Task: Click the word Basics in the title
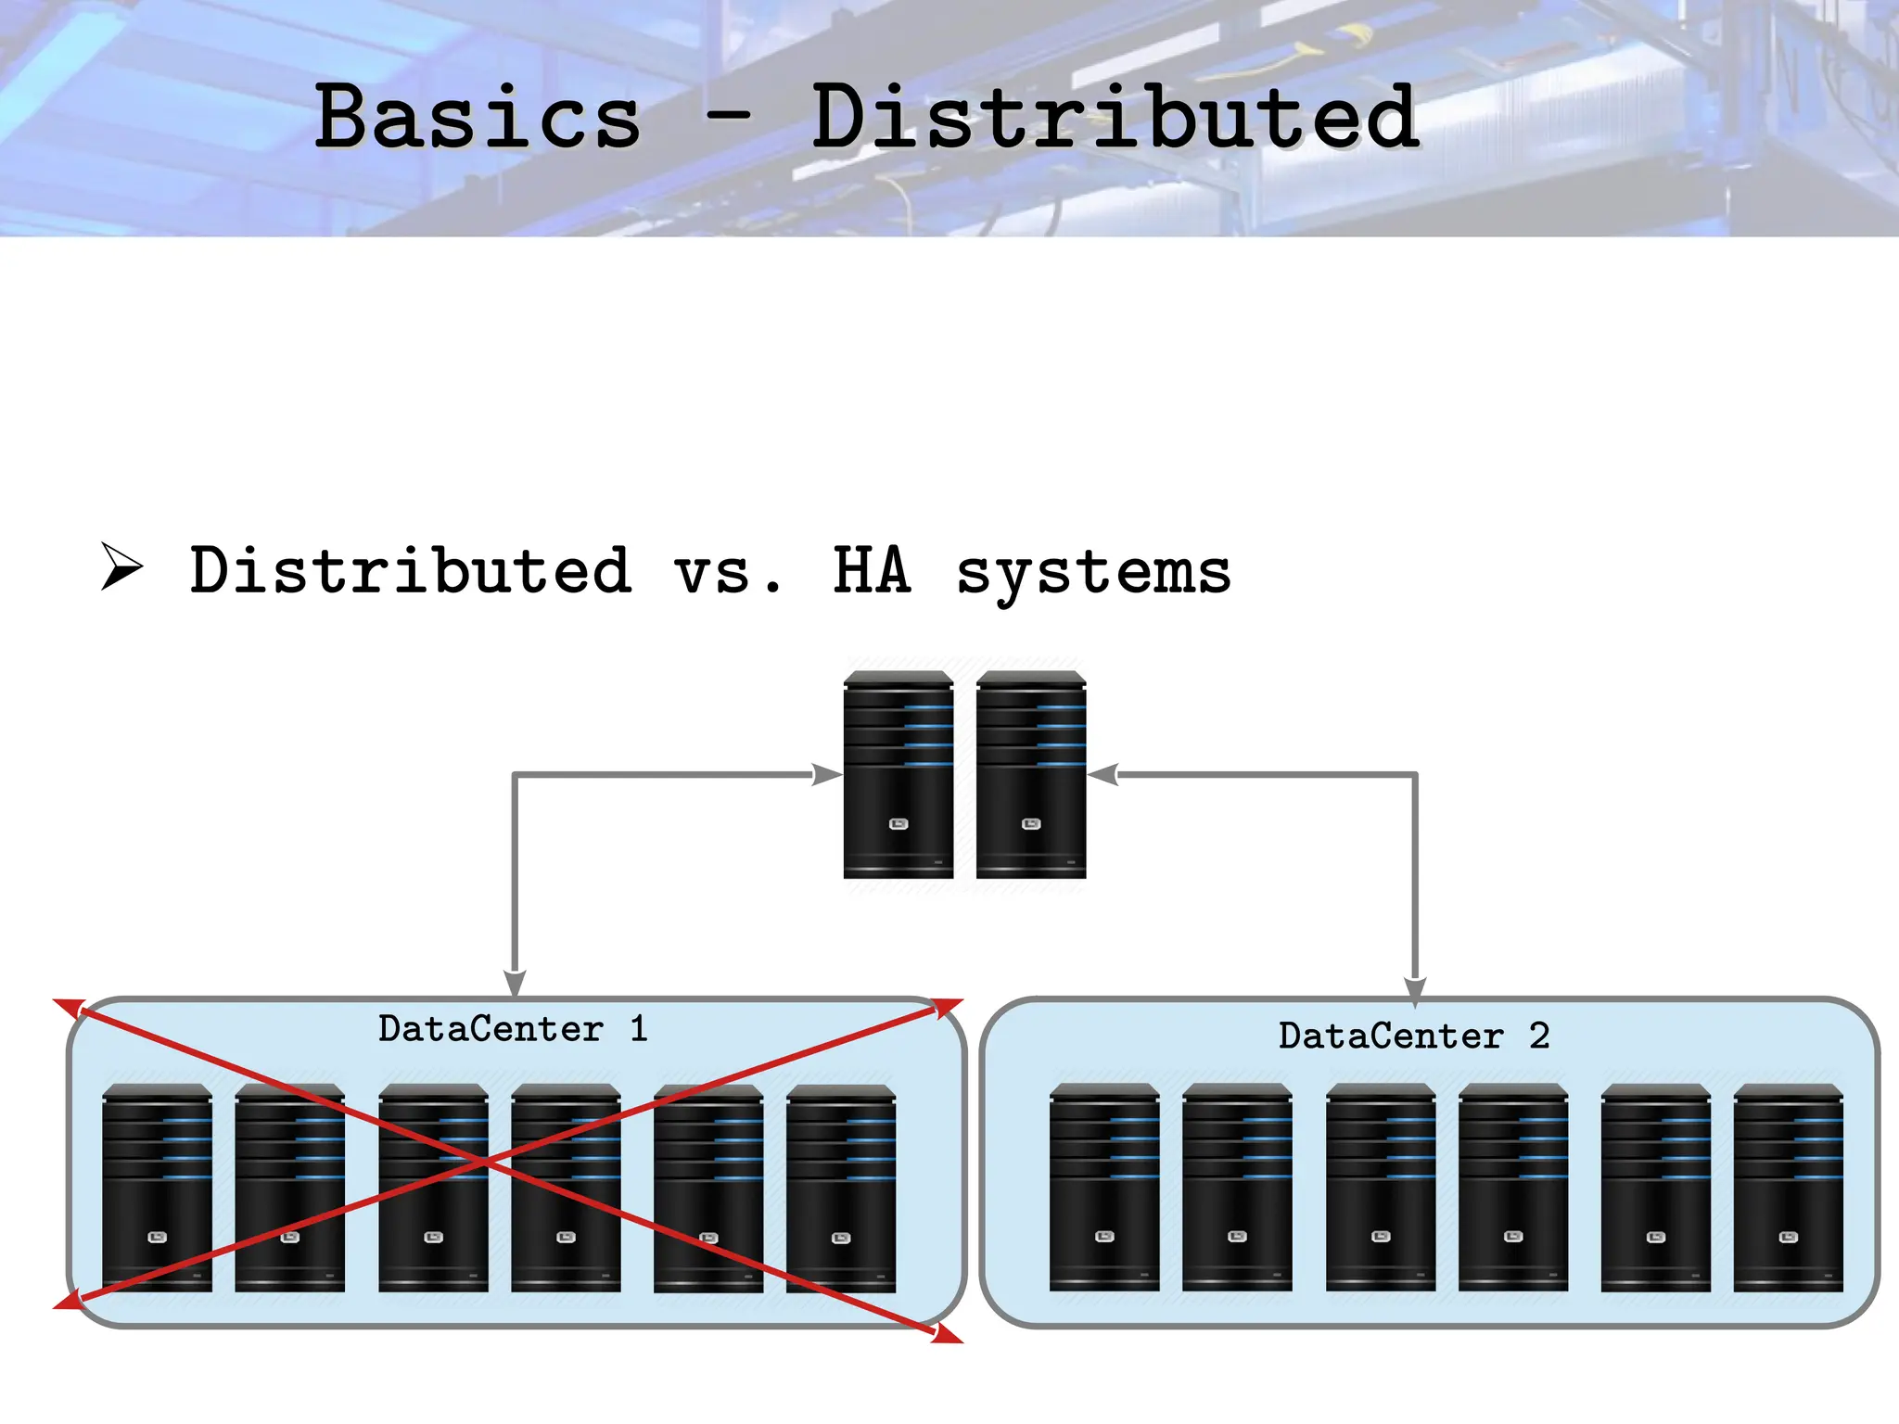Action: click(x=478, y=117)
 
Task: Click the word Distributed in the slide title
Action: click(x=1115, y=117)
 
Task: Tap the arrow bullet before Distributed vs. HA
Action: click(x=121, y=566)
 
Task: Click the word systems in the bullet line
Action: click(x=1093, y=573)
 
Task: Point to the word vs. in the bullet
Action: click(x=728, y=572)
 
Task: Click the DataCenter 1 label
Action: click(x=513, y=1029)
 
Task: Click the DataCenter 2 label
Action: click(x=1413, y=1036)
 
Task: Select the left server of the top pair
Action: click(x=898, y=775)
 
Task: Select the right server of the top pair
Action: click(x=1030, y=775)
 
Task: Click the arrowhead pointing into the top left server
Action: click(x=826, y=774)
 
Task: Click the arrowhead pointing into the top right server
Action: click(x=1103, y=774)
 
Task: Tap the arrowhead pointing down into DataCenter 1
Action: click(x=515, y=983)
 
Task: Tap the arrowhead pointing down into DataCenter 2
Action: click(x=1415, y=990)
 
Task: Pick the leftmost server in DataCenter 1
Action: click(x=157, y=1188)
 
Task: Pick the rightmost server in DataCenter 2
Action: click(x=1788, y=1188)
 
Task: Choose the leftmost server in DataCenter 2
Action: click(x=1103, y=1188)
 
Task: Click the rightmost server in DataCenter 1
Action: click(x=840, y=1188)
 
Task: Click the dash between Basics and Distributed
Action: click(x=727, y=117)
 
